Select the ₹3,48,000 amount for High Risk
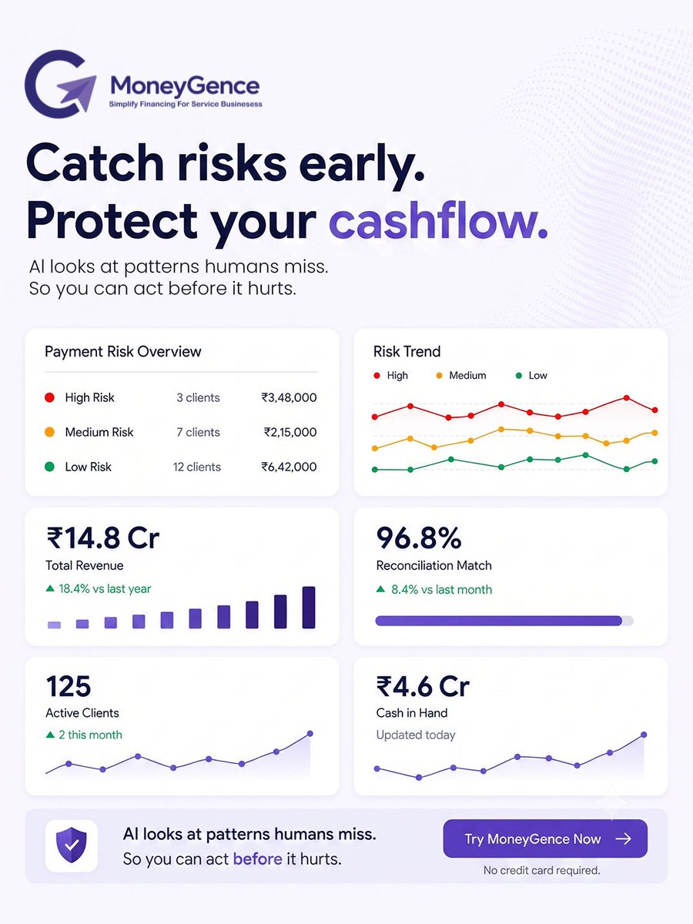(x=289, y=397)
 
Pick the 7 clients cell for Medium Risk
(x=198, y=432)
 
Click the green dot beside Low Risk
(x=49, y=467)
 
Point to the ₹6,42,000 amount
(x=289, y=467)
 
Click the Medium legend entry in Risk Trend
(x=461, y=375)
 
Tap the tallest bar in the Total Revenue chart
(x=309, y=608)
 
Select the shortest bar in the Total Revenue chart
(x=54, y=624)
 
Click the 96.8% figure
(x=418, y=537)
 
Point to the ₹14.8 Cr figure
(x=103, y=537)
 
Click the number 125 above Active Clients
(x=69, y=687)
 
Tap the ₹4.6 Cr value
(x=423, y=686)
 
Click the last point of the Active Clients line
(x=310, y=733)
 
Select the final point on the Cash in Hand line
(x=644, y=735)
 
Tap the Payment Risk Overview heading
(x=123, y=351)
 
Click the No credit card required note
(x=542, y=870)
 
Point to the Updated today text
(x=416, y=735)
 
